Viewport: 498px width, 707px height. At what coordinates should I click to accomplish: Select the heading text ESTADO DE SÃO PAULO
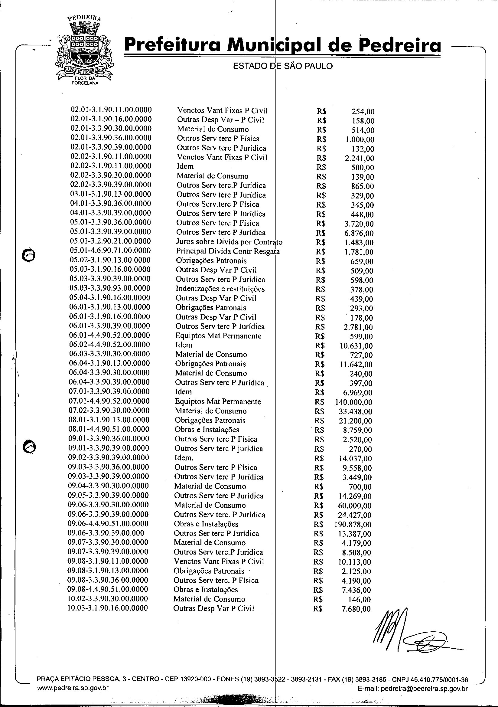(x=283, y=66)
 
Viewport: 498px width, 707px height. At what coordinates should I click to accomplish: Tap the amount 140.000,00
(x=354, y=402)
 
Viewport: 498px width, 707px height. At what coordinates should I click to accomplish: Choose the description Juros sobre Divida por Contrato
(x=229, y=242)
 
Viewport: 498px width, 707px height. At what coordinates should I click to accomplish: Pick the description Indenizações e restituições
(x=220, y=289)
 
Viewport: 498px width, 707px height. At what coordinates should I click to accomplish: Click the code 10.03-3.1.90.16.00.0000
(x=108, y=608)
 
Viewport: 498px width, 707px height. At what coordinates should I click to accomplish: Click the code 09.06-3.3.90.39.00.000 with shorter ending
(x=106, y=533)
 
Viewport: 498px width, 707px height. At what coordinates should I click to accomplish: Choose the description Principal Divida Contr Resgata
(x=228, y=252)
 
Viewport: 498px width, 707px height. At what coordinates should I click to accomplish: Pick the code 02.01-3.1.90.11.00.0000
(x=111, y=110)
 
